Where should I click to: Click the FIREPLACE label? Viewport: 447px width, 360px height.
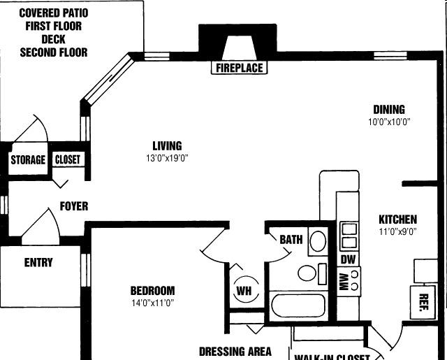[x=239, y=68]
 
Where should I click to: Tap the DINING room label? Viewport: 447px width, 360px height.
[x=389, y=110]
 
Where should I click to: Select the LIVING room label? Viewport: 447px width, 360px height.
[x=167, y=146]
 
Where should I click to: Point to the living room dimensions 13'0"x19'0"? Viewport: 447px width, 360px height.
[x=166, y=158]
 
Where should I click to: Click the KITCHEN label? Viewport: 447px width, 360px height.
[x=397, y=219]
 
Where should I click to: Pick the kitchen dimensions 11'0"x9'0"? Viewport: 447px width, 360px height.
[x=397, y=231]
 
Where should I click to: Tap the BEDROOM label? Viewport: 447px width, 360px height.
[x=152, y=291]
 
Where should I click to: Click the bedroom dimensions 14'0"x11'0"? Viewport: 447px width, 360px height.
[x=152, y=303]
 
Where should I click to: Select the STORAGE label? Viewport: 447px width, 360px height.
[x=28, y=160]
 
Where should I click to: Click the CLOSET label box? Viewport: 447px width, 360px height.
[x=68, y=159]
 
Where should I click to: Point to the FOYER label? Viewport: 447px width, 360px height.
[x=74, y=207]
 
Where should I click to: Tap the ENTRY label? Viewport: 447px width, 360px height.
[x=38, y=264]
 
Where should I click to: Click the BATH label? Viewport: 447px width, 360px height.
[x=291, y=240]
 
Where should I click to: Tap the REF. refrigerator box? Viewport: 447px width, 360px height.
[x=423, y=301]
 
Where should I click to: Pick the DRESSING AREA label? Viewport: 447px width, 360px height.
[x=235, y=352]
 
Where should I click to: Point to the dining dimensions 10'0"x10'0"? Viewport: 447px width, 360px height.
[x=389, y=122]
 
